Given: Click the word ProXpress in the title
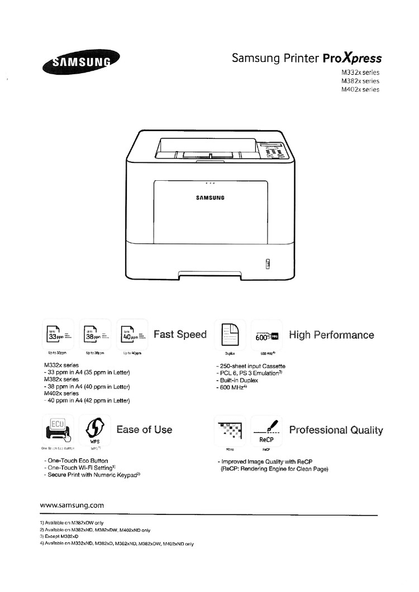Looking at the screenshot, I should [x=353, y=59].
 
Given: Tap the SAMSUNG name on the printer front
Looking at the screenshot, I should [x=209, y=198].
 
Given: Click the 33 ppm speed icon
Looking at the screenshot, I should [x=58, y=335].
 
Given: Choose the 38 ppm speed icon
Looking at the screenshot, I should [x=95, y=335].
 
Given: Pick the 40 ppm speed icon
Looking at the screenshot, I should [x=132, y=335].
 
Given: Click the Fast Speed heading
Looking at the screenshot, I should [x=180, y=335].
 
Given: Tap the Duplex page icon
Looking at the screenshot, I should [x=230, y=335].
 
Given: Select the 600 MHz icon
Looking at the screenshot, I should [x=266, y=335].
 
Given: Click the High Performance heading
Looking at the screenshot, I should [x=331, y=335].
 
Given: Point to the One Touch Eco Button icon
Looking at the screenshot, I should [x=58, y=430].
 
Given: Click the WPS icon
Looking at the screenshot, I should [x=94, y=430].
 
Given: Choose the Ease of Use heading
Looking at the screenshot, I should [x=144, y=430].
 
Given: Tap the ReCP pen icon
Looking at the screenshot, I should [x=266, y=430].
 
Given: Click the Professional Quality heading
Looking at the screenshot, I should [x=336, y=430].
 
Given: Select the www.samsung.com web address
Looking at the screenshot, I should [x=72, y=506].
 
